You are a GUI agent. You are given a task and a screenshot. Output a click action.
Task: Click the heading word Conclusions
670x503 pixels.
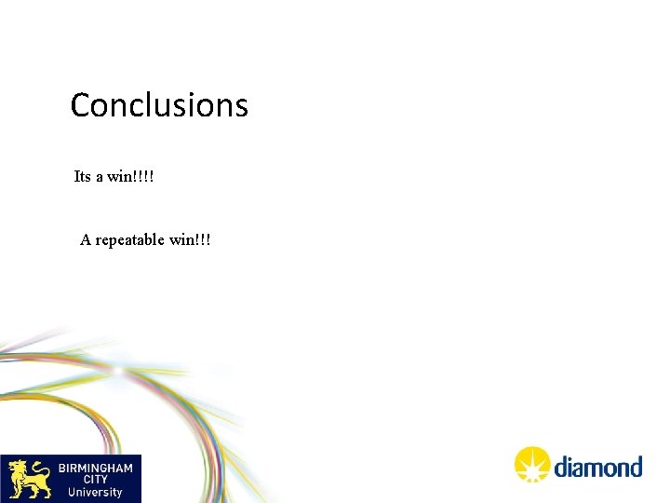point(159,105)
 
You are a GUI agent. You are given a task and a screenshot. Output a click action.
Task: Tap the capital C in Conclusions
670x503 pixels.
point(81,105)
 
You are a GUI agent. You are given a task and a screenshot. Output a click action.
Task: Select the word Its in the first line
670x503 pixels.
point(82,176)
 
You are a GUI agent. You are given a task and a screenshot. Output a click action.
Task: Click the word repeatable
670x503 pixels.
point(129,240)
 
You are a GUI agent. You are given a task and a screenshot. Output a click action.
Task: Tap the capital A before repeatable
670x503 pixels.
point(86,239)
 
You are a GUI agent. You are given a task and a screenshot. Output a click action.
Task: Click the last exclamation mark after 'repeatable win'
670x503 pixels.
point(208,239)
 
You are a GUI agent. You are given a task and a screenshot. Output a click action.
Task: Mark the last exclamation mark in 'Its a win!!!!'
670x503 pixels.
point(151,176)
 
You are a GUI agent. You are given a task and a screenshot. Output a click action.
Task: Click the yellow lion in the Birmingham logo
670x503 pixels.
point(29,478)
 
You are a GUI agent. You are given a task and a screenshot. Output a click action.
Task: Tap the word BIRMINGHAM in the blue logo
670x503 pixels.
point(96,467)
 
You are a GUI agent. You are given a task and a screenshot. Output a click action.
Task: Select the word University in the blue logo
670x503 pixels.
point(95,492)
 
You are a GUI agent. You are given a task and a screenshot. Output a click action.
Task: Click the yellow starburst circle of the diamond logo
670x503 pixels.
point(533,465)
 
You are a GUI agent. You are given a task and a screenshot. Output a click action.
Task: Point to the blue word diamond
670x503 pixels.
point(598,466)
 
